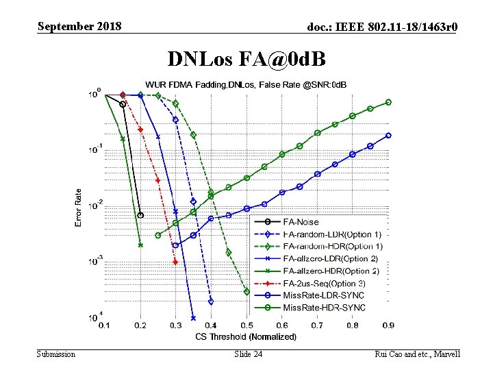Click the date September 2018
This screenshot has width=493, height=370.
(x=79, y=27)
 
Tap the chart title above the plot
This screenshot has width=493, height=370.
(x=245, y=84)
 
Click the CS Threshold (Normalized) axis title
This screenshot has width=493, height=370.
(x=246, y=336)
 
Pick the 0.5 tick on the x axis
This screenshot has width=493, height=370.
(x=246, y=326)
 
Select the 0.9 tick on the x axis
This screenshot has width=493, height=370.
(x=388, y=326)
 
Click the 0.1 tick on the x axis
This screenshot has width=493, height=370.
(x=104, y=326)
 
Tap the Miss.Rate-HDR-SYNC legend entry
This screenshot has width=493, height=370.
(x=324, y=308)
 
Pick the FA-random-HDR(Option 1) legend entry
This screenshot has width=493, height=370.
(x=333, y=246)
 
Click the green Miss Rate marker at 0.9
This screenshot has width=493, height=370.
(x=388, y=102)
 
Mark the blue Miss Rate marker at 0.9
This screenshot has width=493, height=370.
(x=388, y=135)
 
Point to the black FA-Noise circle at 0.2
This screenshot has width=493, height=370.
(x=140, y=215)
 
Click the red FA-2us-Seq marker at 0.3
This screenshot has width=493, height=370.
(x=175, y=262)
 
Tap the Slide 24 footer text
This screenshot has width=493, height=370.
(x=248, y=354)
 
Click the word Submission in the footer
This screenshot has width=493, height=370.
(x=57, y=354)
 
